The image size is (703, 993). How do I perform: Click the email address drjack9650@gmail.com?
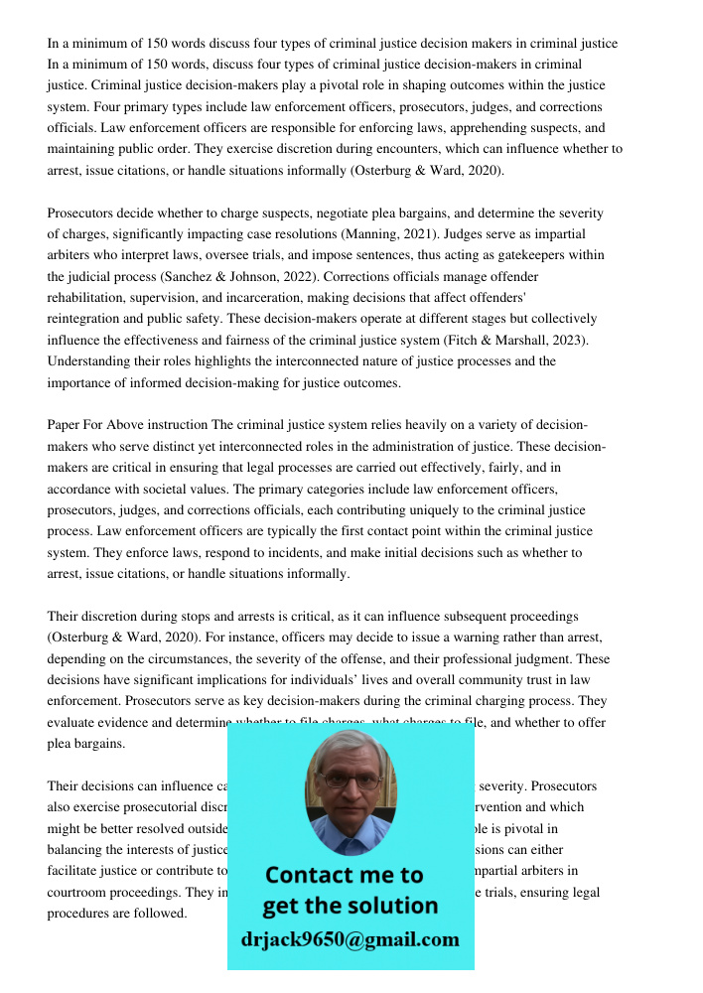350,938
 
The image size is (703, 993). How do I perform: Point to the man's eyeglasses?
349,780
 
